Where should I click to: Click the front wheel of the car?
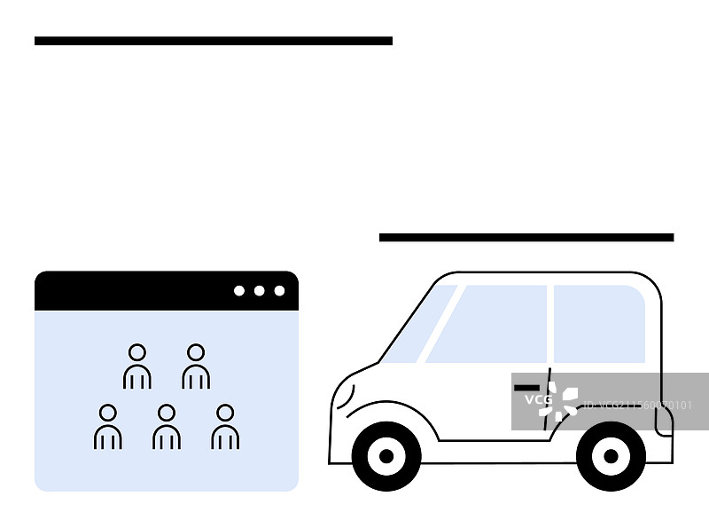(x=386, y=456)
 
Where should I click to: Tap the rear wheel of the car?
(x=611, y=456)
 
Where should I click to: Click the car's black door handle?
(x=526, y=388)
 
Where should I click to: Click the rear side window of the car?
(x=599, y=324)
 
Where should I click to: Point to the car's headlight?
(x=344, y=396)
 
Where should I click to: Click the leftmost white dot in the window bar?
(x=239, y=291)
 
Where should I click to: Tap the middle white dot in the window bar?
(x=260, y=291)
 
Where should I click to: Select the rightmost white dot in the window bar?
(x=280, y=291)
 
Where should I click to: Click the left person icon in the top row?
(x=136, y=366)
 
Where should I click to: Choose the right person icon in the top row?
(x=196, y=366)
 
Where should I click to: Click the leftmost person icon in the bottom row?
(x=108, y=427)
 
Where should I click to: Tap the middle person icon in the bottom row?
(x=167, y=427)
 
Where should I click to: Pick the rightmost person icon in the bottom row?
(x=225, y=427)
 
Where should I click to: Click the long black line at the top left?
(x=213, y=41)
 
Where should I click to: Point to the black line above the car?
(x=526, y=238)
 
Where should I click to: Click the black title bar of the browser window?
(x=133, y=291)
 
